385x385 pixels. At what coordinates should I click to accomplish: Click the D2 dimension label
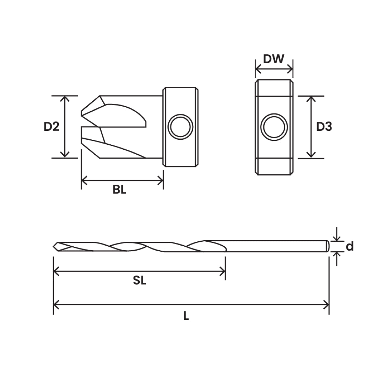click(52, 127)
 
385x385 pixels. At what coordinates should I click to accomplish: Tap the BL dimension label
click(119, 190)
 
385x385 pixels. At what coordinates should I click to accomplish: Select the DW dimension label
click(274, 59)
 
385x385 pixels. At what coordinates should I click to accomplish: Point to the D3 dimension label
click(324, 127)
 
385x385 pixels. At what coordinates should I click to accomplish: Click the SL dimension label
click(140, 281)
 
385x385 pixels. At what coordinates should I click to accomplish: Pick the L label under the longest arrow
click(186, 316)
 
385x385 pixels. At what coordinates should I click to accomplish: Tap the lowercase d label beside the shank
click(350, 246)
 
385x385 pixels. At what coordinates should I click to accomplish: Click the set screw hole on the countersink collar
click(181, 127)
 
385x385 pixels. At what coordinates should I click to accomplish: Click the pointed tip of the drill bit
click(55, 246)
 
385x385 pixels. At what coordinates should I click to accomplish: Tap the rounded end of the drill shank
click(328, 246)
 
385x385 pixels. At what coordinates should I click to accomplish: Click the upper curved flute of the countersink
click(125, 114)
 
